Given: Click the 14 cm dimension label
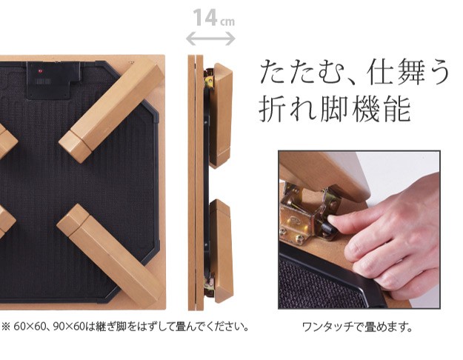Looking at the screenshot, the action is [214, 18].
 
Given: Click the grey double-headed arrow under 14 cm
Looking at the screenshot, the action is [210, 39].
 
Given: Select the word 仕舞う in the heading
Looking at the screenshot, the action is [408, 72].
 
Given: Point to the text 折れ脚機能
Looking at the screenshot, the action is [335, 109].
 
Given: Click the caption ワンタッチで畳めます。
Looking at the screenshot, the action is [357, 327].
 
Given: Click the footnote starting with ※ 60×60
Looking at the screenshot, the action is [124, 327].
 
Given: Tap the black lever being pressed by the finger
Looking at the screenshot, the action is [327, 227].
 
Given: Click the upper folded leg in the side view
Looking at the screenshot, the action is [221, 115].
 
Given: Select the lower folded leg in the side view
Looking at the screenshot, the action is [221, 251].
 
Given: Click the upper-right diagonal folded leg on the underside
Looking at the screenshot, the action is [112, 110].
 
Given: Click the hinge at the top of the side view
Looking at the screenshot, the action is [209, 79].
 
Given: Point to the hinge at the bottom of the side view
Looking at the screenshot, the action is [209, 285].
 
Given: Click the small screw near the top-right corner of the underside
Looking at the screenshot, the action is [132, 62].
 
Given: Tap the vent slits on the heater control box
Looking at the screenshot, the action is [44, 81].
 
